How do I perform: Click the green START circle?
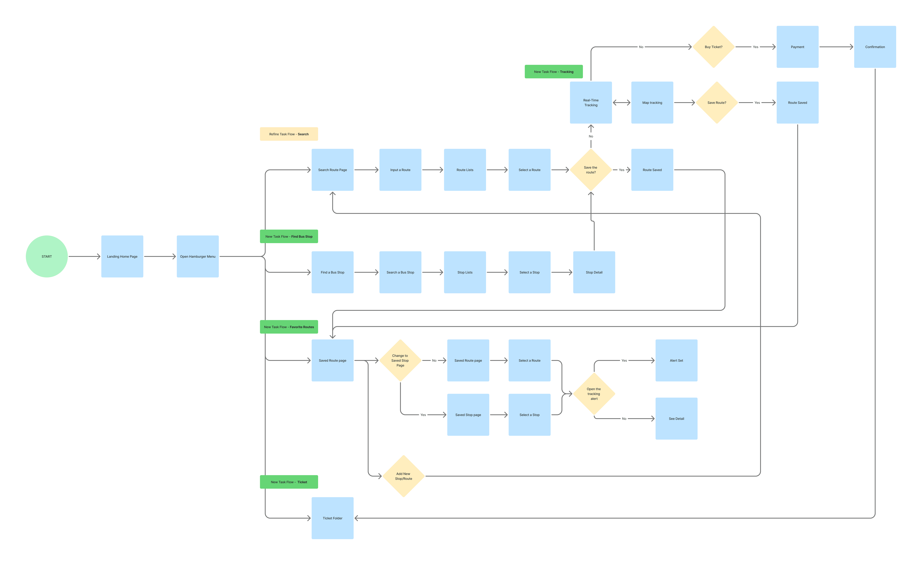47,256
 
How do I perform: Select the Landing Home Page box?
122,256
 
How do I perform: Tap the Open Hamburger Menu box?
198,256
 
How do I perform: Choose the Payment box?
797,47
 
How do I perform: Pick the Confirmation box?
875,47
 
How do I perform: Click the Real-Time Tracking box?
591,103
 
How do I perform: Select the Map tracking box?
652,103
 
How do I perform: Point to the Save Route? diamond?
717,103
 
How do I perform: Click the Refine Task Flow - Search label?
289,134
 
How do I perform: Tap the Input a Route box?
400,170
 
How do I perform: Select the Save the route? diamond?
591,170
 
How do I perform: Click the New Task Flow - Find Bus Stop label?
289,236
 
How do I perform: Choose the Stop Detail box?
594,272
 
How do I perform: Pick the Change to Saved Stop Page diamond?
400,361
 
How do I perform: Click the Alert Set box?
676,361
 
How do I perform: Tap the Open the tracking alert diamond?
594,394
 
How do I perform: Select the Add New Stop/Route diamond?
403,476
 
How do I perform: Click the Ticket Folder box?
332,518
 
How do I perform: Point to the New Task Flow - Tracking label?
553,71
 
